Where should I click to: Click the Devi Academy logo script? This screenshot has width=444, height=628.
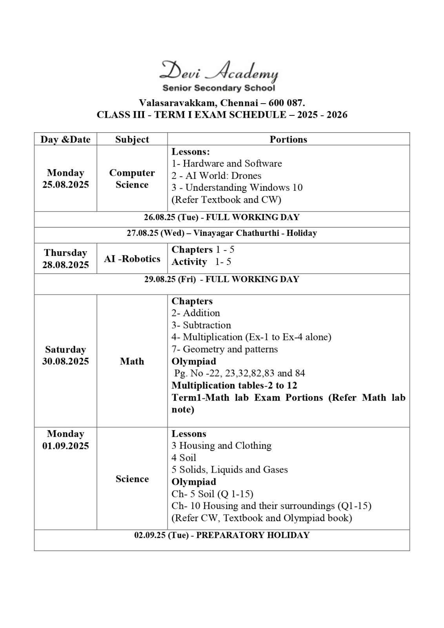click(x=219, y=72)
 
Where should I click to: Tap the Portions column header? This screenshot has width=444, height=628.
click(x=288, y=139)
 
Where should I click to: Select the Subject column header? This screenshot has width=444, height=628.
click(x=132, y=139)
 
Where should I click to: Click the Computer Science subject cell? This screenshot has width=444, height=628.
click(x=132, y=179)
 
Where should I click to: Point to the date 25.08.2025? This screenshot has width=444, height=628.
click(x=66, y=184)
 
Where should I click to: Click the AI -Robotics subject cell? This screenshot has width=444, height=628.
click(x=132, y=259)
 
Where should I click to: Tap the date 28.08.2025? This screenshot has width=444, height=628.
click(x=66, y=265)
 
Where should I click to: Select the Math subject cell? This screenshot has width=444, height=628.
click(x=132, y=361)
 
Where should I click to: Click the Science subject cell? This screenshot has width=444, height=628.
click(x=132, y=479)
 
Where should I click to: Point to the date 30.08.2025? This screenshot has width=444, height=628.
click(x=66, y=361)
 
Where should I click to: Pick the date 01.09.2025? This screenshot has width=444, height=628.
click(x=66, y=446)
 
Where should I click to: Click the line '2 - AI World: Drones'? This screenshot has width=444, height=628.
click(x=216, y=175)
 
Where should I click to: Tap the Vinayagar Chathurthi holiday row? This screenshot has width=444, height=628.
click(x=222, y=233)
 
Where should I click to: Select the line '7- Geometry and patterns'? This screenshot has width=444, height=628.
click(x=224, y=349)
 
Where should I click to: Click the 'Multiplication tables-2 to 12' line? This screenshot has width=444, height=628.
click(x=234, y=385)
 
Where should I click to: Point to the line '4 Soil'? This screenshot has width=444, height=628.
click(x=184, y=458)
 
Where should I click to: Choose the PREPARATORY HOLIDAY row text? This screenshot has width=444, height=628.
click(x=222, y=535)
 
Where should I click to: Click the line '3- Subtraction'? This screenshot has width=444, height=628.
click(x=201, y=325)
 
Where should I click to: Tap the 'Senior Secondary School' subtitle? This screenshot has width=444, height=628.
click(x=219, y=88)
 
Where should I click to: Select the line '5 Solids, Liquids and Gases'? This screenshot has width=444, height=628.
click(x=229, y=469)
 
